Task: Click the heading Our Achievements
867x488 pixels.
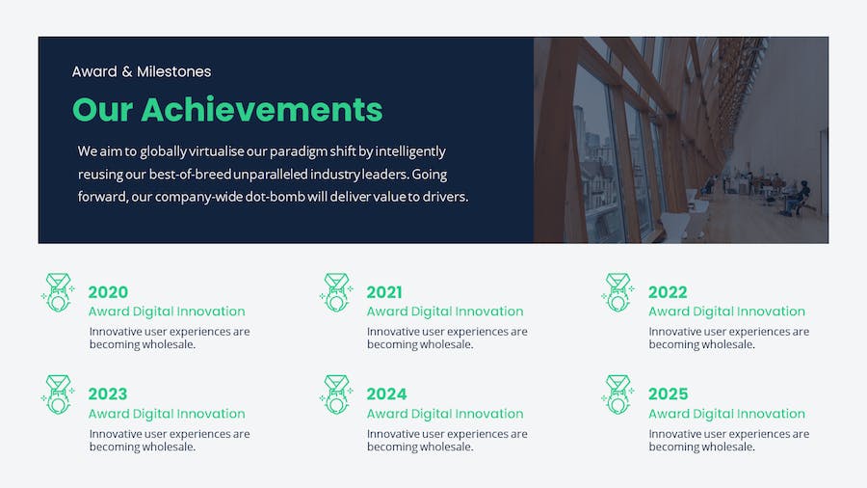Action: [x=227, y=110]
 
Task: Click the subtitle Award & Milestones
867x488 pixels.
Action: [x=142, y=71]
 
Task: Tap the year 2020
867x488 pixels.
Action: [x=108, y=292]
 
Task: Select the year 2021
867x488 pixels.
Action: [x=384, y=292]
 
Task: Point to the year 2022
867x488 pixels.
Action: [x=668, y=292]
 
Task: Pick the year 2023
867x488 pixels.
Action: [x=108, y=393]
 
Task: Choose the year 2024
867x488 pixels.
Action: [x=386, y=393]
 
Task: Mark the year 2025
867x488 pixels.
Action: [x=668, y=393]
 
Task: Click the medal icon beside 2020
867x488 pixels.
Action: [x=58, y=292]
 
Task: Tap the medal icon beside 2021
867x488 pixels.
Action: [x=336, y=292]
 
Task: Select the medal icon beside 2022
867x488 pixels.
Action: [x=617, y=292]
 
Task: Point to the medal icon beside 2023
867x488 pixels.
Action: [x=58, y=394]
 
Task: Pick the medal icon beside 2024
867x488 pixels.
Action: [x=336, y=394]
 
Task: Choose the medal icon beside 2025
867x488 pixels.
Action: [x=617, y=394]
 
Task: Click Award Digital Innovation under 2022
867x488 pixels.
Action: [x=726, y=312]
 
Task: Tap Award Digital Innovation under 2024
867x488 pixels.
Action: [x=445, y=414]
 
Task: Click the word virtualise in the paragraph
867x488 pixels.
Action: [x=216, y=151]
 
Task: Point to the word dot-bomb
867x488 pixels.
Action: [x=276, y=197]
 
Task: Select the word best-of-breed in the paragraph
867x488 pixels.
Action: [x=190, y=175]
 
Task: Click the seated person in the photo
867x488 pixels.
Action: [x=801, y=198]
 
